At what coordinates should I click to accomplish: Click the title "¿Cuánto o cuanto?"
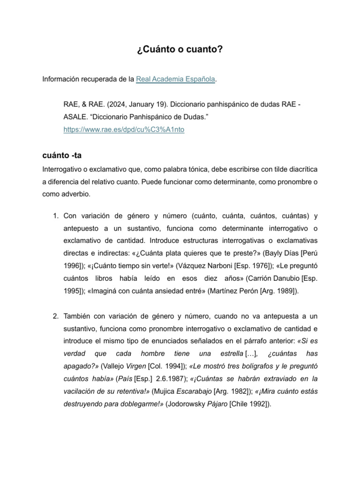coord(180,50)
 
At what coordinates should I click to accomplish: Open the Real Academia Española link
coord(175,80)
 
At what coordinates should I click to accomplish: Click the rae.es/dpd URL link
coord(124,130)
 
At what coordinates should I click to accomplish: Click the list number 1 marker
coord(54,216)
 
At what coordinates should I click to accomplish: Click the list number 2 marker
coord(54,316)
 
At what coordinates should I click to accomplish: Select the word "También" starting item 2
coord(78,316)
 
